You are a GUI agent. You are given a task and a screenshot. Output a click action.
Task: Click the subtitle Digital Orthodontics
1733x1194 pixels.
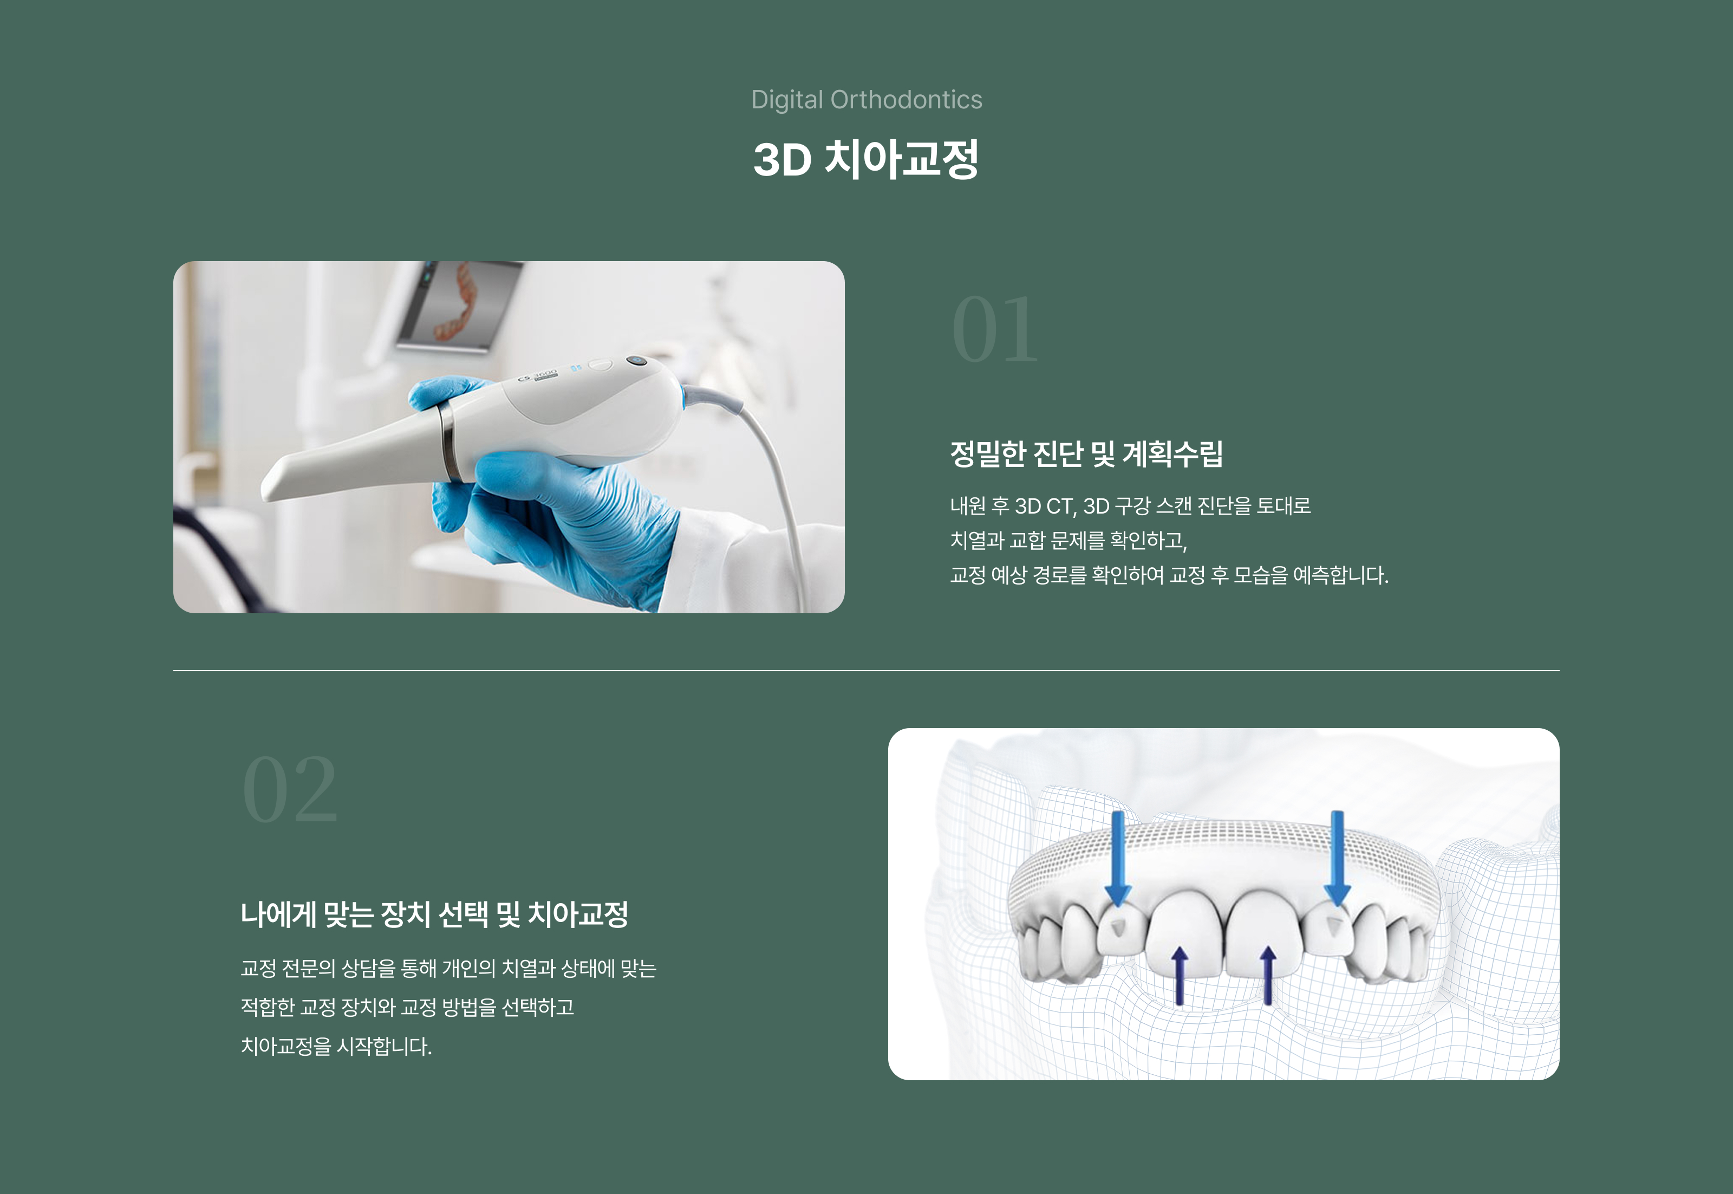coord(866,100)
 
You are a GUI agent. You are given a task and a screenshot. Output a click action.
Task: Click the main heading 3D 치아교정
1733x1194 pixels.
coord(866,159)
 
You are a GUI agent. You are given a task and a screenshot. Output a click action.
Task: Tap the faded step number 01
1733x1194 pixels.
coord(995,329)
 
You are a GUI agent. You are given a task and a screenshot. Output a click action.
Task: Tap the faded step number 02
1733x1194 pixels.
coord(290,789)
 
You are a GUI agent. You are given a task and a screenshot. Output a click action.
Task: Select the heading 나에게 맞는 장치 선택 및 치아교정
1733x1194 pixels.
coord(434,914)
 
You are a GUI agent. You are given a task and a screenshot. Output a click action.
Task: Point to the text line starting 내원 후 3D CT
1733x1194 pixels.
coord(1130,506)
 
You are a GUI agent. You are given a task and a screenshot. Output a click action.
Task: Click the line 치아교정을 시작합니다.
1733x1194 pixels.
coord(336,1046)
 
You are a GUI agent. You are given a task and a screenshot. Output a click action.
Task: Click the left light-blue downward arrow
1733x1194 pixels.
coord(1117,860)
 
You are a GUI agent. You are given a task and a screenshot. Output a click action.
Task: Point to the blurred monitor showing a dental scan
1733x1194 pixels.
coord(458,305)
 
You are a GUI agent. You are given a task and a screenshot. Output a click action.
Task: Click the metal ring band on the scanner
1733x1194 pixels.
coord(449,442)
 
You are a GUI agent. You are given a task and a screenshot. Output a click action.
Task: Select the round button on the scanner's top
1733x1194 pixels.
coord(636,361)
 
